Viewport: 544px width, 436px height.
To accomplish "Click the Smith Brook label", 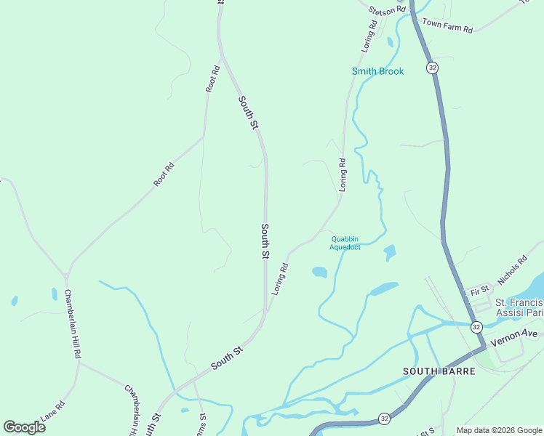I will coord(377,71).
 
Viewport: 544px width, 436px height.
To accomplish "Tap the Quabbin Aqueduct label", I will coord(345,243).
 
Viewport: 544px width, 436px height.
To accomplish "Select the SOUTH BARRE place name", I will coord(439,371).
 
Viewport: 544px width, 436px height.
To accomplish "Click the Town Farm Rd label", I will coord(447,26).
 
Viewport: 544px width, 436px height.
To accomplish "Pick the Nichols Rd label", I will coord(511,270).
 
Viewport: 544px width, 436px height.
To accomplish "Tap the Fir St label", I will coord(479,291).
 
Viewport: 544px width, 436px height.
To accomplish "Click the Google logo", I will coord(25,427).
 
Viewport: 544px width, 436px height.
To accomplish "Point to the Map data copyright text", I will coord(499,430).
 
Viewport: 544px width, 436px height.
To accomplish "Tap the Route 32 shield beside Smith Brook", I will coord(433,68).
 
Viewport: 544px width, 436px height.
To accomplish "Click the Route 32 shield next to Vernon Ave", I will coord(475,327).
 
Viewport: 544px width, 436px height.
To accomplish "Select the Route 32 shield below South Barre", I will coord(383,419).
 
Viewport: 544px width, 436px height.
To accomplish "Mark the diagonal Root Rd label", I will coord(164,174).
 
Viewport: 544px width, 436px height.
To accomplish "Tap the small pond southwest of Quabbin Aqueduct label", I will coord(319,272).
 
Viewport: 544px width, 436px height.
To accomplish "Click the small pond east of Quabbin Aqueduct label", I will coord(390,252).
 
